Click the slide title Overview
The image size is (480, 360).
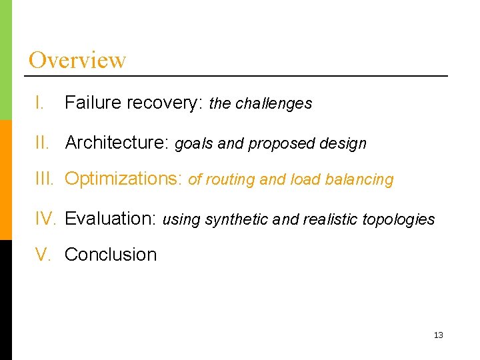coord(77,60)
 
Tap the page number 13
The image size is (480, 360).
coord(438,335)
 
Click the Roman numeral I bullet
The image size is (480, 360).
coord(40,103)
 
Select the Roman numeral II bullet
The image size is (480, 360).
coord(42,143)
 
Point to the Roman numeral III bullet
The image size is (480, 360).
coord(45,179)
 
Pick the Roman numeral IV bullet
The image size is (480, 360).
coord(46,219)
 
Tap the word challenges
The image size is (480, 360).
coord(274,103)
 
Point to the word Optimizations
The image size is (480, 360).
coord(123,179)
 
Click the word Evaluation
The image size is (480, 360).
coord(110,219)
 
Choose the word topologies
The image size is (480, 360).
coord(398,220)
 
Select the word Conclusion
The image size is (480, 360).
coord(111,255)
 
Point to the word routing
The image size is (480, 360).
coord(229,180)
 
